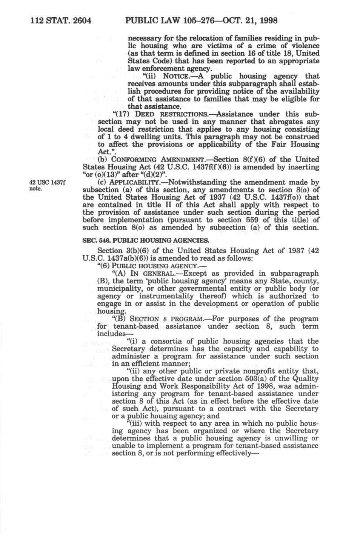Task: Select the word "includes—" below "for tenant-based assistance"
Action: (111, 334)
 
